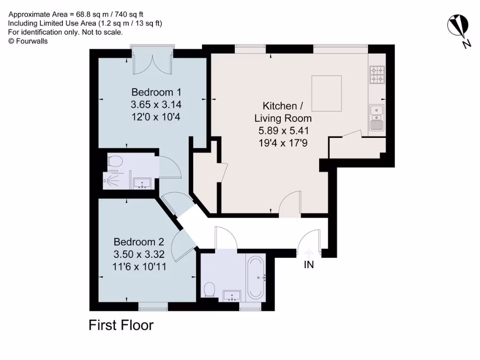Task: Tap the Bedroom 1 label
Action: (156, 92)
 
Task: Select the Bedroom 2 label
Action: (139, 242)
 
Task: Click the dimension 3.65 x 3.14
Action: (156, 104)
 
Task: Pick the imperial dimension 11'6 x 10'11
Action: (139, 267)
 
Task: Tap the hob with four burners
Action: (377, 75)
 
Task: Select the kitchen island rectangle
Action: (327, 92)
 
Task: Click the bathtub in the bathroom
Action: (256, 277)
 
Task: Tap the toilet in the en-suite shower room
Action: (114, 162)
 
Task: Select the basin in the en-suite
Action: (142, 183)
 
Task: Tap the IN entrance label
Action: (308, 265)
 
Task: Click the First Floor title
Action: (121, 325)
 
